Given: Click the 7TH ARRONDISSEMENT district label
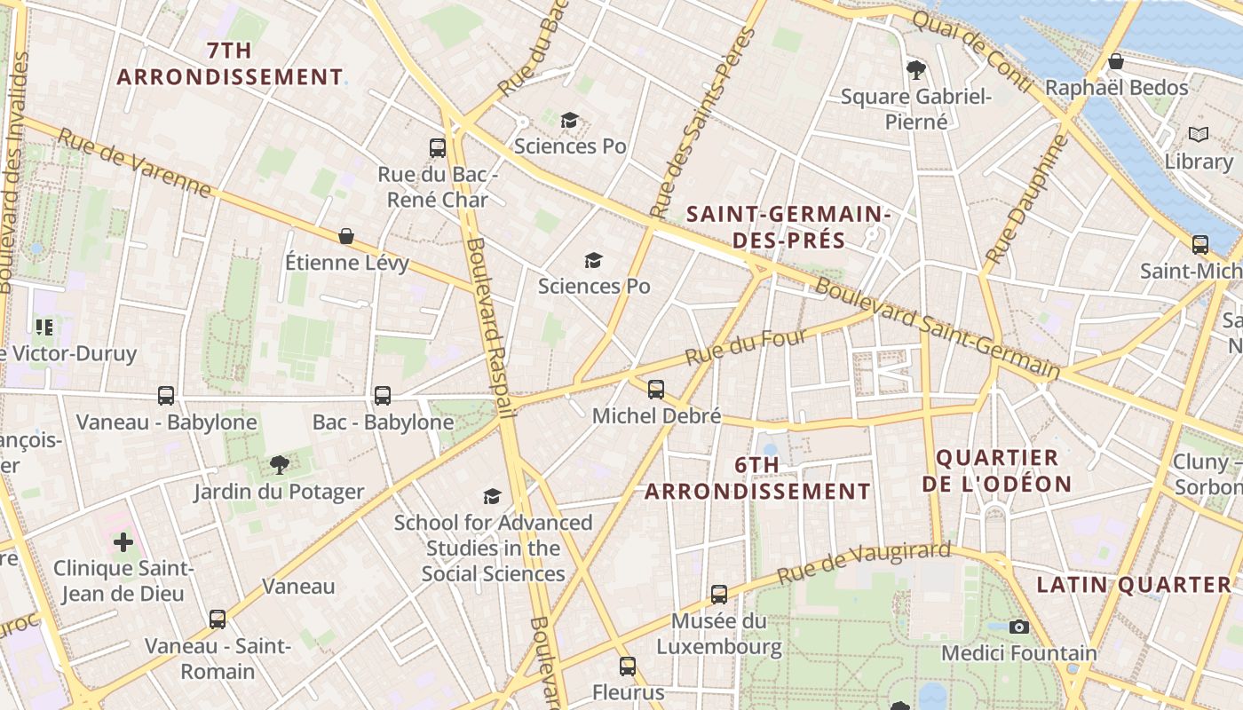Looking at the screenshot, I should [x=229, y=64].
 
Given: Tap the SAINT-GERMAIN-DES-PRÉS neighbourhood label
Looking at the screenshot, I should [x=788, y=227].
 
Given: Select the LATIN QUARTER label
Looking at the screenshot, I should [x=1135, y=585].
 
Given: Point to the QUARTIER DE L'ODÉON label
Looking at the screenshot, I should [x=997, y=471].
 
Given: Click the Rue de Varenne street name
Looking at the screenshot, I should [x=135, y=163].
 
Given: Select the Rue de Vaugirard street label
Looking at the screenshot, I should [x=863, y=564].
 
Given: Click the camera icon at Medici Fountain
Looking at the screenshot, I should [x=1019, y=627].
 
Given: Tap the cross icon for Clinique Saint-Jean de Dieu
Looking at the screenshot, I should [x=123, y=541].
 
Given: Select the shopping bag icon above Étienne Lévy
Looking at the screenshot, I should [x=346, y=236].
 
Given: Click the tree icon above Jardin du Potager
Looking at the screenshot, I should [x=279, y=464].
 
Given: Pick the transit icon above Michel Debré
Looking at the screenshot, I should [x=656, y=389].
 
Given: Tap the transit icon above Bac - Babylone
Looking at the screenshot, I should [x=383, y=395].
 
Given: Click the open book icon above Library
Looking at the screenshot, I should [x=1199, y=135].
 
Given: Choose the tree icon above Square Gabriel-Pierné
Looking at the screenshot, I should [x=915, y=69].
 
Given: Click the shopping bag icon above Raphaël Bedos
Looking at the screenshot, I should [x=1116, y=61].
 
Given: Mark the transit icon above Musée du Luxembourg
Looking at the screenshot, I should [x=719, y=594].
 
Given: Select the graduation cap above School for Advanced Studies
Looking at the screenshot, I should [x=493, y=495].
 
